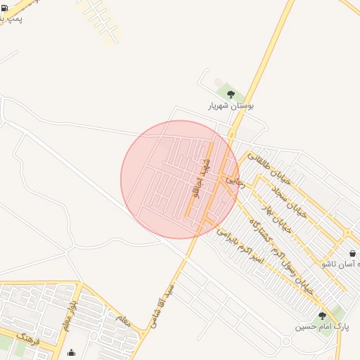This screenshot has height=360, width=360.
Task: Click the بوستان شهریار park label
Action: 231,105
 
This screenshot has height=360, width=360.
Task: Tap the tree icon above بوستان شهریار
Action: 231,94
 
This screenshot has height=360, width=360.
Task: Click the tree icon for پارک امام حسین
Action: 322,316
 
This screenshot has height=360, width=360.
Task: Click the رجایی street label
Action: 234,181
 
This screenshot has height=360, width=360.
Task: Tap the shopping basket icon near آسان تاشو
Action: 352,253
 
